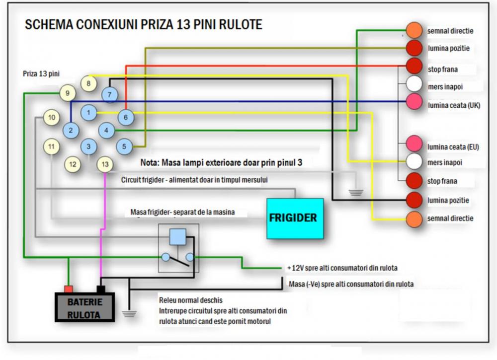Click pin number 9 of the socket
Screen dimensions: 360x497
click(x=68, y=93)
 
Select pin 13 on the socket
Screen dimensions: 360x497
click(x=104, y=164)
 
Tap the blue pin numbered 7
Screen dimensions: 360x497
click(x=109, y=94)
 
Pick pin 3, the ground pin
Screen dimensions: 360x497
click(x=88, y=146)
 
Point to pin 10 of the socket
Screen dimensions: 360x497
click(x=51, y=118)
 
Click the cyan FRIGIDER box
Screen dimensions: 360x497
click(x=295, y=218)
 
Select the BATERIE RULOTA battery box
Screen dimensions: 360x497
click(x=84, y=307)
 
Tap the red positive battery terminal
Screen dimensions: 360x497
click(x=69, y=289)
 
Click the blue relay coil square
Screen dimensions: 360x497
click(x=177, y=237)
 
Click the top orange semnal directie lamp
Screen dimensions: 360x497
click(x=414, y=30)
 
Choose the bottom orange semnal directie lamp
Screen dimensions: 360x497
click(x=414, y=218)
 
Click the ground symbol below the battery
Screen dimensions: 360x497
click(x=129, y=313)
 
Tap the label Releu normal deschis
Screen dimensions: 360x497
click(x=191, y=300)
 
